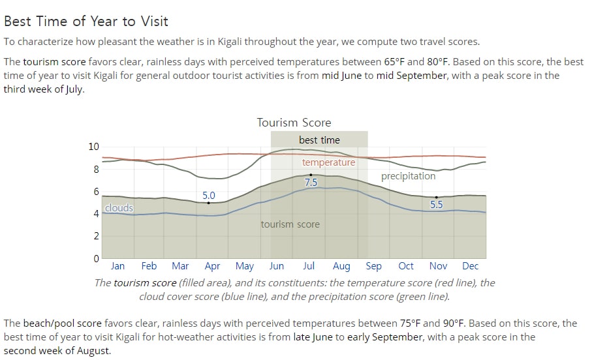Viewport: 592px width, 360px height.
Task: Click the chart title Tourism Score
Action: pos(294,123)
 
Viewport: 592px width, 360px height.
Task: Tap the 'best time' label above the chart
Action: pos(319,140)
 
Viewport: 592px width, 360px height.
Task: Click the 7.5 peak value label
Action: pos(311,183)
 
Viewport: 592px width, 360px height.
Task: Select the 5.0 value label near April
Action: pos(208,196)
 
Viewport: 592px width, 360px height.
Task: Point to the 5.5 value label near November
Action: pos(437,205)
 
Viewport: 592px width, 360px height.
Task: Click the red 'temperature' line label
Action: pos(328,162)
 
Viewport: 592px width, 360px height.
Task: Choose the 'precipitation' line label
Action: pos(408,176)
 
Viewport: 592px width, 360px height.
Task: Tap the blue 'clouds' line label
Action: pos(119,208)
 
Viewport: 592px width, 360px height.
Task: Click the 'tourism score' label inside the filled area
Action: pos(290,224)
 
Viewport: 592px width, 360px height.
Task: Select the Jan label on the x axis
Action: pos(117,266)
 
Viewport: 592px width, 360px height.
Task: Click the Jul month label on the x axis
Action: pos(309,266)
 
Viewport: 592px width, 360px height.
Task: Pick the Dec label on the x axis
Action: pos(471,266)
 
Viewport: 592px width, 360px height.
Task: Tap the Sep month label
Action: pos(374,267)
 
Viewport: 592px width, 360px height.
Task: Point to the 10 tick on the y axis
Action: pos(93,147)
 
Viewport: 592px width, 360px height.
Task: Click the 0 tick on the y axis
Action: pos(97,259)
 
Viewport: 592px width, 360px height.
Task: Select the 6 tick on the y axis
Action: pos(97,192)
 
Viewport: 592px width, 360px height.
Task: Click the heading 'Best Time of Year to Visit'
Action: pos(86,21)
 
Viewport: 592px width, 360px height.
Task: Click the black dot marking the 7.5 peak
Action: pos(311,175)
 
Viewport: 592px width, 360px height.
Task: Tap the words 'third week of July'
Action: pos(43,89)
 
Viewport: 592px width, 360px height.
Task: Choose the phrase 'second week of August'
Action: pos(57,351)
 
